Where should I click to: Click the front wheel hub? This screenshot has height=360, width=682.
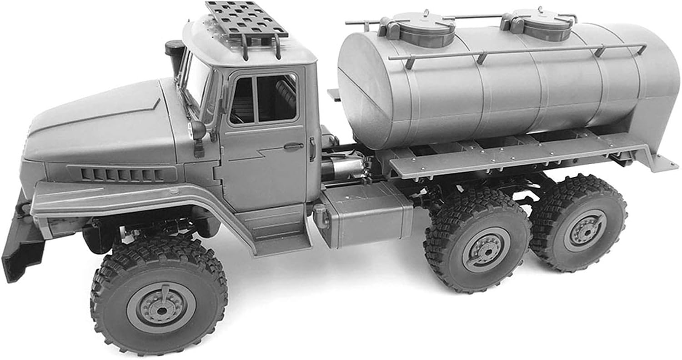tap(161, 308)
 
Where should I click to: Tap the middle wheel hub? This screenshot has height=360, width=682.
tap(486, 250)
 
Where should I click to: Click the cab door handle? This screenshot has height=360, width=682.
tap(294, 146)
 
